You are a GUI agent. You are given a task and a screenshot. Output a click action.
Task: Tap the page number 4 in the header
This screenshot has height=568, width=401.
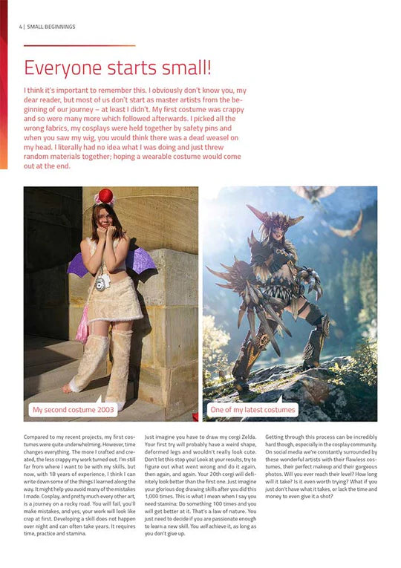(x=20, y=27)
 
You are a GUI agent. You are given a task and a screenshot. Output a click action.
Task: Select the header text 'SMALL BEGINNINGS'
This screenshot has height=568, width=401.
(x=51, y=27)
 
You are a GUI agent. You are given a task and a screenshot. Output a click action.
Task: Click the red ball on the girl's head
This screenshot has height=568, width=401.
(x=105, y=195)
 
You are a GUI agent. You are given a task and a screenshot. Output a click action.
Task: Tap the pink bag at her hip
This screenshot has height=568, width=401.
(x=81, y=327)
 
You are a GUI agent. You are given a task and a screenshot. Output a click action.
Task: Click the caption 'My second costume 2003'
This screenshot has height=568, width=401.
(x=74, y=409)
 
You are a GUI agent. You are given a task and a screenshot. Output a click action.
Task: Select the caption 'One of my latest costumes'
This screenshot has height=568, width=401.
(x=252, y=409)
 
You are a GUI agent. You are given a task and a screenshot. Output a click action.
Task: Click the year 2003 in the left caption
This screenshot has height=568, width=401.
(x=106, y=409)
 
